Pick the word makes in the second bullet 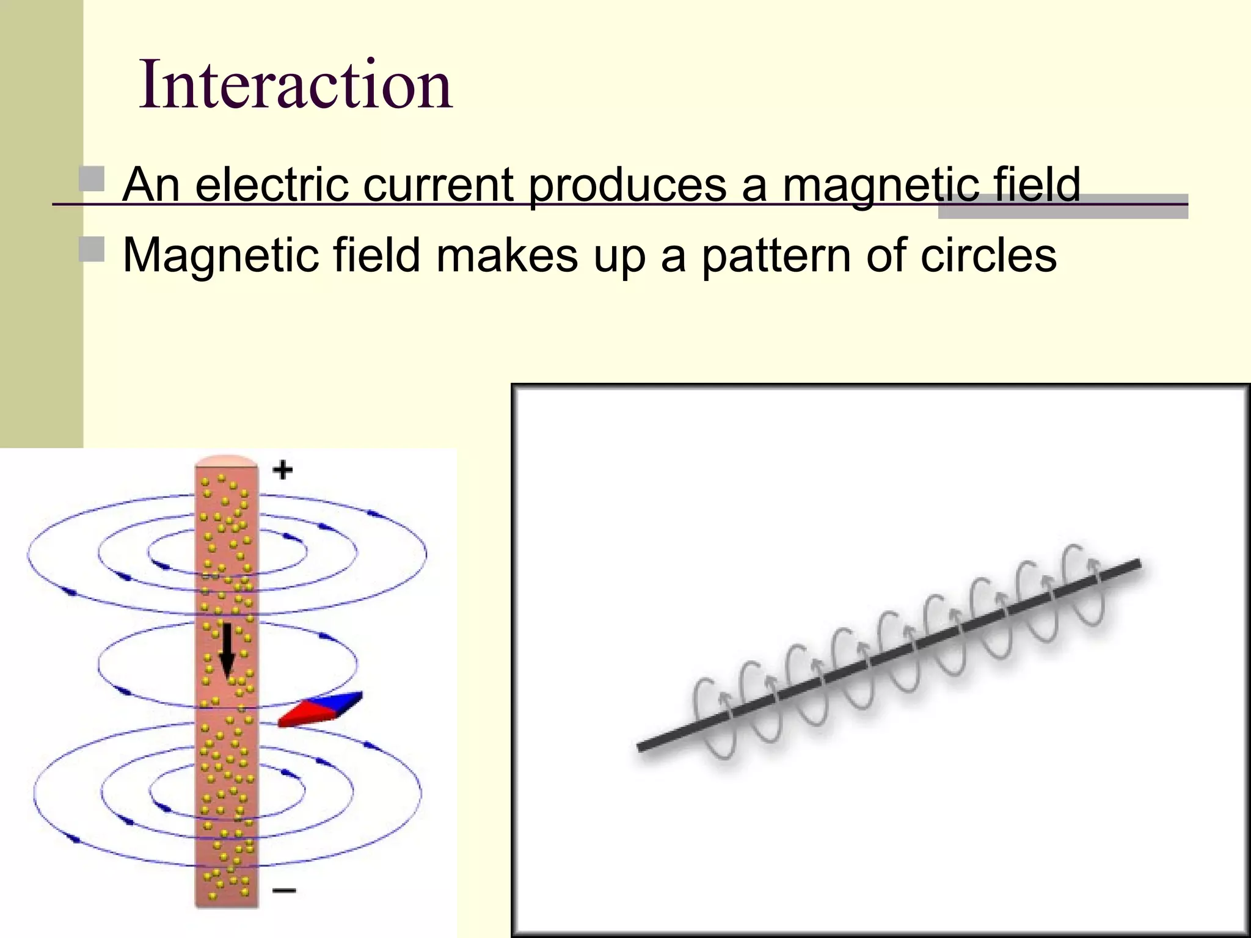[x=506, y=255]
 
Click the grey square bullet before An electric [x=92, y=178]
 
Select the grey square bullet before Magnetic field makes [x=92, y=249]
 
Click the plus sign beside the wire [x=282, y=470]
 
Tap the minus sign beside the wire [x=284, y=890]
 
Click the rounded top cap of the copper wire [x=226, y=462]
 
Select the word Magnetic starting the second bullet [x=220, y=256]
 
